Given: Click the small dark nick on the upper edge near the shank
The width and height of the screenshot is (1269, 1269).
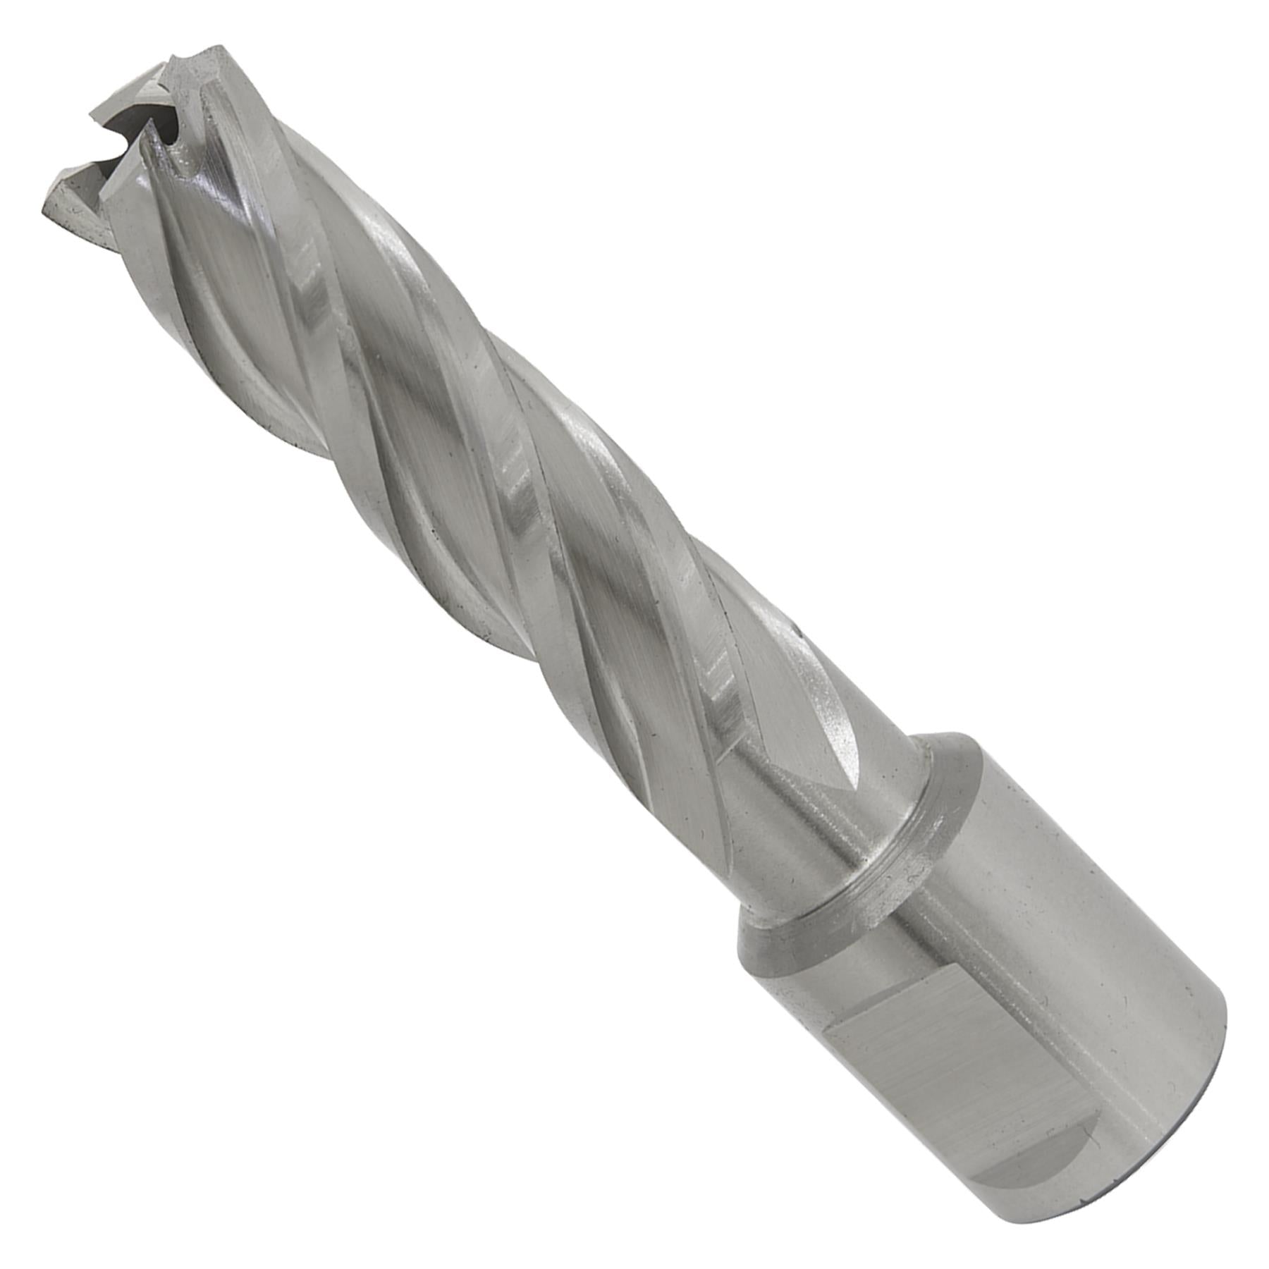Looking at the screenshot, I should [797, 624].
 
